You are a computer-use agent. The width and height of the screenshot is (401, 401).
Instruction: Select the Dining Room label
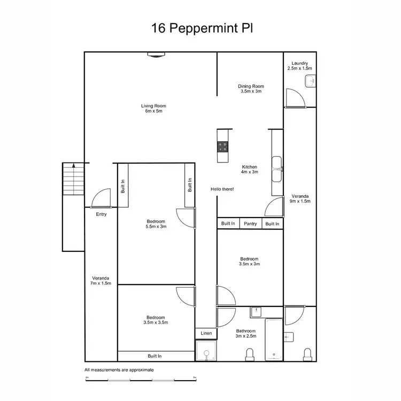251,89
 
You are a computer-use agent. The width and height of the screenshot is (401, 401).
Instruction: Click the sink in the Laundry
310,82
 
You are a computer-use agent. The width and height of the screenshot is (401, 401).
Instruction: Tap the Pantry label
250,223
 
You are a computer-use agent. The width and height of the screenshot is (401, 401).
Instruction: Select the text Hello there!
222,189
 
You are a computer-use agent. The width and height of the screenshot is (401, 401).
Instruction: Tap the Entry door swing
100,199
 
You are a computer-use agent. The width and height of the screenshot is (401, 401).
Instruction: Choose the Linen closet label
206,333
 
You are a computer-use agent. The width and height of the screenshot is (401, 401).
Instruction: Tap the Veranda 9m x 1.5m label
300,198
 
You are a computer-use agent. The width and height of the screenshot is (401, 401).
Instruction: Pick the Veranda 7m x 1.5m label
101,280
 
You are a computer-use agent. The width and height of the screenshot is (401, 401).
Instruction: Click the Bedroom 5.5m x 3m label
155,223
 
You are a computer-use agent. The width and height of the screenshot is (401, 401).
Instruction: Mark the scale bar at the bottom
140,379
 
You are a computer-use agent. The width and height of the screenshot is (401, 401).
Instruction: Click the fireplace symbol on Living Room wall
154,55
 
